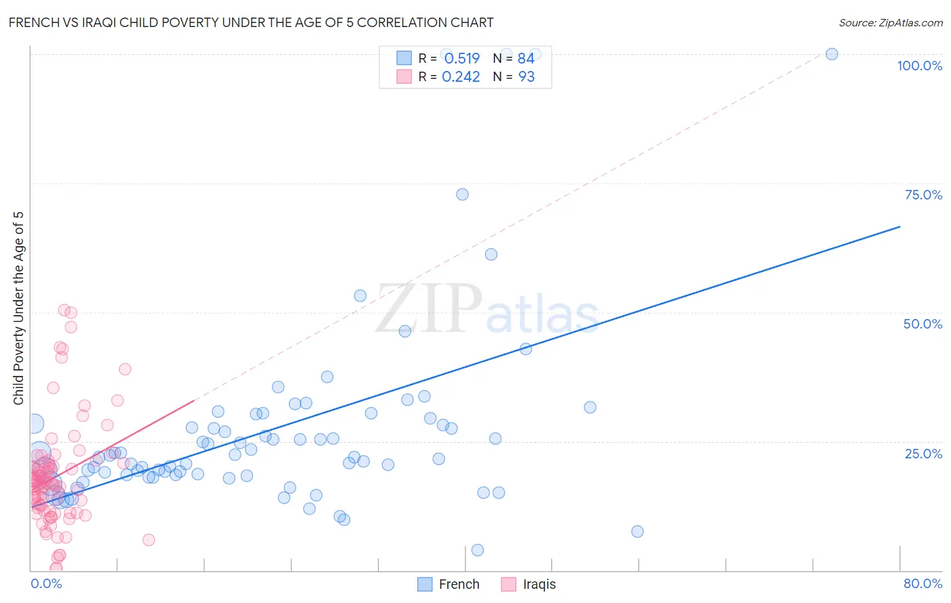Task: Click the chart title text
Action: (251, 22)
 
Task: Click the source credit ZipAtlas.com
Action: (890, 22)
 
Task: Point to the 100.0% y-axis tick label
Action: (919, 66)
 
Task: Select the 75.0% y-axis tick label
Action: (923, 195)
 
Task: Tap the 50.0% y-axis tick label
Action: (923, 324)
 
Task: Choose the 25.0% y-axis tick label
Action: (923, 453)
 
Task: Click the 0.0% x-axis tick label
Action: (46, 583)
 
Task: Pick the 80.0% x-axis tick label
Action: (923, 583)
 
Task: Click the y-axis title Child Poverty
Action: (19, 308)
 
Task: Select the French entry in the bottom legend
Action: (459, 584)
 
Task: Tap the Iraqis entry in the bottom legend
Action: (539, 584)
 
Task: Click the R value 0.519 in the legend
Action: (462, 58)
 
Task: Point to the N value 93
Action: (526, 77)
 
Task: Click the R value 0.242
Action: (461, 77)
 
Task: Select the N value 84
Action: (526, 58)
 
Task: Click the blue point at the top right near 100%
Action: (832, 54)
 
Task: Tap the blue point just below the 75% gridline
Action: (463, 194)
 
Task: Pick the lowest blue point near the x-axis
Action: (478, 550)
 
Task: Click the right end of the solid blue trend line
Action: (900, 226)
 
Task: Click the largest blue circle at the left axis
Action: (34, 424)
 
